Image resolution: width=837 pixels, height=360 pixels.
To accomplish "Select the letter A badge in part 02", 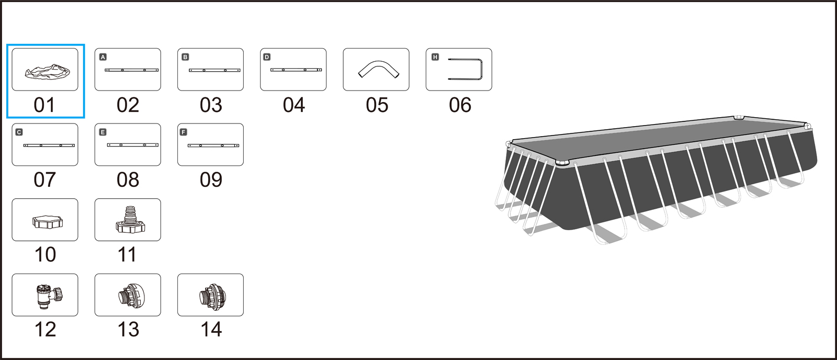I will click(103, 57).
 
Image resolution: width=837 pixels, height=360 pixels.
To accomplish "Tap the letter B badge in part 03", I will click(185, 57).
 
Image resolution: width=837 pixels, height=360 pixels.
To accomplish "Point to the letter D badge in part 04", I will click(267, 57).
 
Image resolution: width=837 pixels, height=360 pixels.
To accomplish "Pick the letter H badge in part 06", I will click(435, 57).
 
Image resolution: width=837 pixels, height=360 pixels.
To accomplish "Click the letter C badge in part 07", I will click(19, 132).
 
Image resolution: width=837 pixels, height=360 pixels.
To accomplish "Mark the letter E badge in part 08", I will click(103, 132).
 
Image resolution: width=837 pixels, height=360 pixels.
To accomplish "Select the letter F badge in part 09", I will click(184, 132).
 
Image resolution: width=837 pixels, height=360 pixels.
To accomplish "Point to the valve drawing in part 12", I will click(48, 296).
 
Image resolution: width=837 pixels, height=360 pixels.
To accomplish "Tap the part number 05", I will click(377, 105).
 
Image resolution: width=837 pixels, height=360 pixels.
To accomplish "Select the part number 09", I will click(211, 180).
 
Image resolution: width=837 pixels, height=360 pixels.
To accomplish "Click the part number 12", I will click(45, 330).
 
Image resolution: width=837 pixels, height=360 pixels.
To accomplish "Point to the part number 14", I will click(211, 330).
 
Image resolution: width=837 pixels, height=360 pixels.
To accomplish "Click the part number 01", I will click(44, 105).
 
